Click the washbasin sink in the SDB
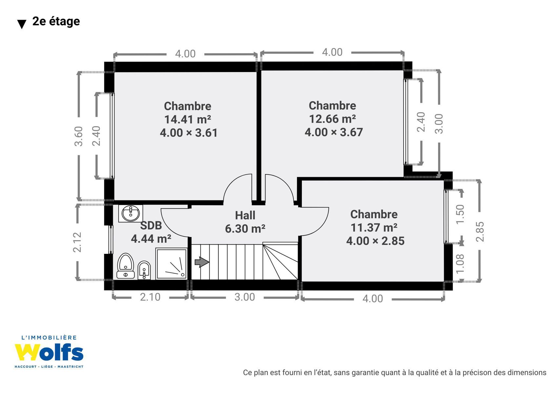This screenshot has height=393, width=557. coord(130,214)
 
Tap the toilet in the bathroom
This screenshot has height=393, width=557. coord(126,266)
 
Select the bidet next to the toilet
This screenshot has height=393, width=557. coord(144,270)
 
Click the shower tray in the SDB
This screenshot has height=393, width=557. coord(171,264)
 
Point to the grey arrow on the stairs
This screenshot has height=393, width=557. coord(202,262)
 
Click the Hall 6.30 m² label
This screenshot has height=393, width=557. coord(245,222)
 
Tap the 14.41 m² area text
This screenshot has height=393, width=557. coord(188,120)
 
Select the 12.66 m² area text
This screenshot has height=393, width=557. coord(332,119)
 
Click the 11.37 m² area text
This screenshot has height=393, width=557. coord(374,227)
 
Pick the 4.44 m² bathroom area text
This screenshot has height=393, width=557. coord(151,239)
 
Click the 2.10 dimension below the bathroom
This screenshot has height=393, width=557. coord(150,297)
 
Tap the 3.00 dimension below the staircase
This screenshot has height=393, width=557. coord(245,297)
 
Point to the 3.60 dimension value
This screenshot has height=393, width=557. coord(79,136)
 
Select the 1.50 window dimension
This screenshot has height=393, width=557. coord(460,214)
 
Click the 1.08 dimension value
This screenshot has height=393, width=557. coord(460,264)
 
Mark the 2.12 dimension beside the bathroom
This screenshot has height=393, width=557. coord(77,242)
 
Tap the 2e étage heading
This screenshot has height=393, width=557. coord(56,21)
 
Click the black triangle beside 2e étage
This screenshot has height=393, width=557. coord(22,24)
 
